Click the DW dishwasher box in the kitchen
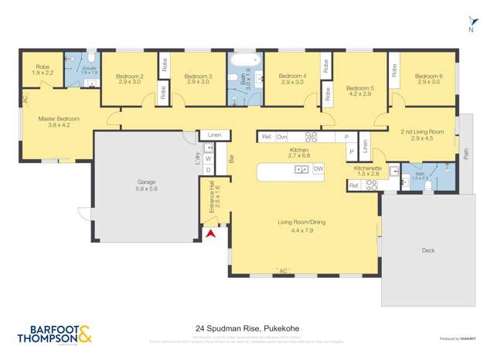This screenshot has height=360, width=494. pyautogui.click(x=319, y=168)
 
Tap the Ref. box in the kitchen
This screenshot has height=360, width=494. pyautogui.click(x=266, y=137)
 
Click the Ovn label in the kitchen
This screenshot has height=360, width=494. pyautogui.click(x=282, y=137)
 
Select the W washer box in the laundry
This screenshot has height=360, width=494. pyautogui.click(x=208, y=158)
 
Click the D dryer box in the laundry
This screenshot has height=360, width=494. pyautogui.click(x=208, y=169)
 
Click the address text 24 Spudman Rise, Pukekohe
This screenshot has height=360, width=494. pyautogui.click(x=247, y=328)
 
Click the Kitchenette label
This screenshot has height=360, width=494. pyautogui.click(x=367, y=170)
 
